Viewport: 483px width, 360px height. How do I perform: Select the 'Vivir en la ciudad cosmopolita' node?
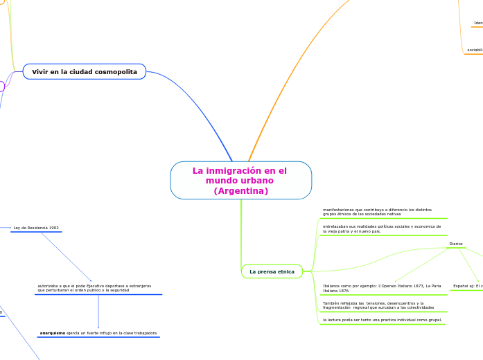pyautogui.click(x=85, y=71)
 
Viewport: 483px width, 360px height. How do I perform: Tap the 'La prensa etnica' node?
pyautogui.click(x=272, y=271)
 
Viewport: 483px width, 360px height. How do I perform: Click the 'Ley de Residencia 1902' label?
pyautogui.click(x=36, y=227)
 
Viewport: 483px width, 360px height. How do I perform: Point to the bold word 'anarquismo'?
pyautogui.click(x=53, y=333)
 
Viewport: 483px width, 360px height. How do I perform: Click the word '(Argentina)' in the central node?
pyautogui.click(x=240, y=190)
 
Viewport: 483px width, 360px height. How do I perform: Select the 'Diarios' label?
pyautogui.click(x=455, y=244)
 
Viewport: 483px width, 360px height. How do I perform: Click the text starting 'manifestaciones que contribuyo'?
pyautogui.click(x=377, y=212)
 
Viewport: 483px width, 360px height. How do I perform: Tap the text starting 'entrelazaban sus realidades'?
pyautogui.click(x=381, y=228)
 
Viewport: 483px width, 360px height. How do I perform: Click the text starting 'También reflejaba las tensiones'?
pyautogui.click(x=378, y=305)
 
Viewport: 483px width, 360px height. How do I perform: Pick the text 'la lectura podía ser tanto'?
pyautogui.click(x=372, y=320)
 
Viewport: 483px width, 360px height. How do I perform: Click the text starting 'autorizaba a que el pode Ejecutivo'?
pyautogui.click(x=94, y=288)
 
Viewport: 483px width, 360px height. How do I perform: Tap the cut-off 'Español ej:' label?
pyautogui.click(x=468, y=285)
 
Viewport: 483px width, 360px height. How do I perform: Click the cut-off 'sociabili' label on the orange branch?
pyautogui.click(x=474, y=50)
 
